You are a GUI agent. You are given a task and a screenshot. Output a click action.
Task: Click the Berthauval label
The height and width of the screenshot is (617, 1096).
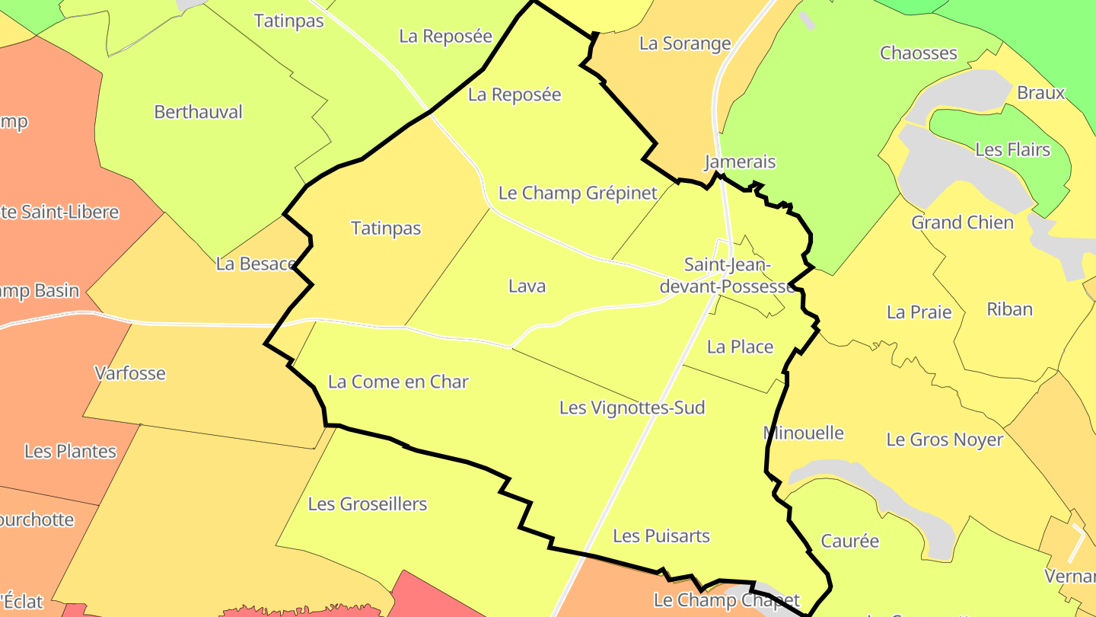click(198, 112)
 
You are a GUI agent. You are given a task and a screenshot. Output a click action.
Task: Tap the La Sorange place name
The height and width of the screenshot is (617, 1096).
click(685, 43)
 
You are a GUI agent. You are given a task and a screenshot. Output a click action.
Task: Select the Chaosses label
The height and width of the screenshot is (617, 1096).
click(919, 53)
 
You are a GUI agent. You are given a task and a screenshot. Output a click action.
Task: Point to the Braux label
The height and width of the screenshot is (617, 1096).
click(1040, 93)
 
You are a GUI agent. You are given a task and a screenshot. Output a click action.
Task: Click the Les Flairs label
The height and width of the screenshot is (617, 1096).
click(1012, 150)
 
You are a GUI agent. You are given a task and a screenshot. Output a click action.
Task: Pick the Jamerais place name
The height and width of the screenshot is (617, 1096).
click(740, 161)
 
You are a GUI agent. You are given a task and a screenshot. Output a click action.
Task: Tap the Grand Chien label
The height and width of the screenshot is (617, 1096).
click(963, 222)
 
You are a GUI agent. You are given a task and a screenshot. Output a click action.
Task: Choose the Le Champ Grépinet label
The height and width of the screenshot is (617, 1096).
click(578, 193)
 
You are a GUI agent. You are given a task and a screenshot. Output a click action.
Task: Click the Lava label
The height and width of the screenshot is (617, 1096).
click(527, 286)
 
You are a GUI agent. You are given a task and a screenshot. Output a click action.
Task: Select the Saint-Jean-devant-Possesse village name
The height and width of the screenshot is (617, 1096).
click(727, 276)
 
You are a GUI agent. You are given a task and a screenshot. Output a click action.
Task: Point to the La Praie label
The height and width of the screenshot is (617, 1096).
click(919, 312)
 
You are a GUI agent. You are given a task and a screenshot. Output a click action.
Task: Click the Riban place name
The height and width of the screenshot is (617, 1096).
click(1009, 309)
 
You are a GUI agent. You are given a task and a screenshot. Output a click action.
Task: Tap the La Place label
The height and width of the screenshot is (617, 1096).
click(740, 347)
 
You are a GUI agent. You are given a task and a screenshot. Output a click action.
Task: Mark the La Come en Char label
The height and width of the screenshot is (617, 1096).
click(398, 382)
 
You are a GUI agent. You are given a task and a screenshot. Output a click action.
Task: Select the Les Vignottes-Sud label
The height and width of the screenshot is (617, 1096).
click(632, 408)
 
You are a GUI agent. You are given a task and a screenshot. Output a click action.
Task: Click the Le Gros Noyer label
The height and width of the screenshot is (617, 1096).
click(945, 440)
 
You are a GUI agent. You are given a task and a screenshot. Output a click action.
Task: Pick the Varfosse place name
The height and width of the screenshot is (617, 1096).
click(130, 373)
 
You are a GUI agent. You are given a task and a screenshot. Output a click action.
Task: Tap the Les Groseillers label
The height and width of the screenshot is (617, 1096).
click(368, 504)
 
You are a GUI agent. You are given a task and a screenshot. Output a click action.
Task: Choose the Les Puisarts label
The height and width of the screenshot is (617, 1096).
click(661, 536)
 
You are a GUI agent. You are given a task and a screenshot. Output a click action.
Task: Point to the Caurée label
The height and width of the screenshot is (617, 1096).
click(849, 541)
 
